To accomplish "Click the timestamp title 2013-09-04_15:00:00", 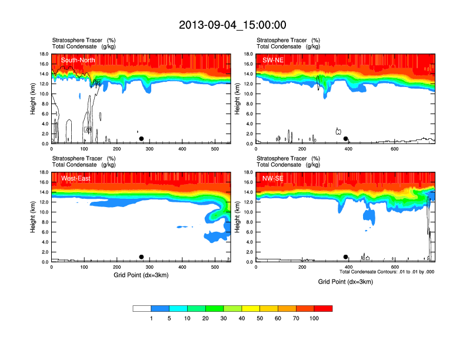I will point(232,25).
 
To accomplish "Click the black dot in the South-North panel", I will point(141,139).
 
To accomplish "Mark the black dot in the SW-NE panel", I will point(346,139).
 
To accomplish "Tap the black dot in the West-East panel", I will point(141,257).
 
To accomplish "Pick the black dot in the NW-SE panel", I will point(346,257).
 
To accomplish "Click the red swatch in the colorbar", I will point(323,308).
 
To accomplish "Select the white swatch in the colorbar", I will point(142,308).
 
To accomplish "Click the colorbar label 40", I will point(242,318).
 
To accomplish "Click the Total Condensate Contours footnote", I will point(387,272).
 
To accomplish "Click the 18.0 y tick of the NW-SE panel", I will point(248,172).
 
